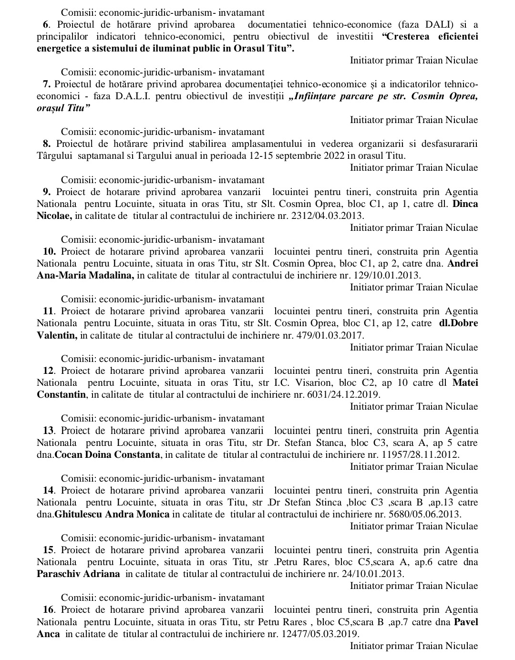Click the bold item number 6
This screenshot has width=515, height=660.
[45, 25]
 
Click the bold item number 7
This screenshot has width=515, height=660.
[46, 84]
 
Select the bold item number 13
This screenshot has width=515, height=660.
[49, 431]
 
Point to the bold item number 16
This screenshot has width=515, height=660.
[49, 610]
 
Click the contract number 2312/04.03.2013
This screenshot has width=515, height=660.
[334, 216]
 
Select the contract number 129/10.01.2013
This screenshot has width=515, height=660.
[386, 275]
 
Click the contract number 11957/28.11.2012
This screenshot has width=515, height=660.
[421, 454]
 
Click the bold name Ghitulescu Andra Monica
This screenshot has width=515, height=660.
[112, 514]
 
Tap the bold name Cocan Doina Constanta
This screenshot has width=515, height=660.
[107, 454]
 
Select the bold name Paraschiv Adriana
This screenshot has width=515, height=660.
[78, 574]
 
